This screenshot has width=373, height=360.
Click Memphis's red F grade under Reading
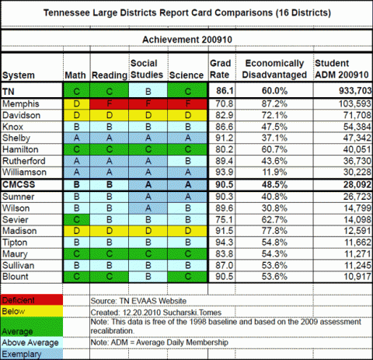click(x=110, y=104)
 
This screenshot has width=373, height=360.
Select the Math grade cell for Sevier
click(x=76, y=220)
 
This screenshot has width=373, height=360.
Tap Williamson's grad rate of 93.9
click(x=225, y=172)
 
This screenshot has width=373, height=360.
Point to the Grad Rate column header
click(x=220, y=69)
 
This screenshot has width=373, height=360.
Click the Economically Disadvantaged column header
click(x=274, y=69)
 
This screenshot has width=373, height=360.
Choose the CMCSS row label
click(x=19, y=184)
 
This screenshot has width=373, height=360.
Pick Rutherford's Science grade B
click(x=188, y=161)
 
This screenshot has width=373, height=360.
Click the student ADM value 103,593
click(x=355, y=103)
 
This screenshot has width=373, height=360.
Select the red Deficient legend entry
click(x=31, y=300)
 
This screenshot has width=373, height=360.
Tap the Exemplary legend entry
click(x=31, y=354)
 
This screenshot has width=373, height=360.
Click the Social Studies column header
click(x=147, y=69)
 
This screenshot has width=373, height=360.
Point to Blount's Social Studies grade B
click(x=148, y=277)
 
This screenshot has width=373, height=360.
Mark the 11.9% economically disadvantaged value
click(x=274, y=172)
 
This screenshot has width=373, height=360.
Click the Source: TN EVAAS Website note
click(x=138, y=301)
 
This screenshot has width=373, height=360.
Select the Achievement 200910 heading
click(x=187, y=40)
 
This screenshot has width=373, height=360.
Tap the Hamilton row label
click(x=20, y=149)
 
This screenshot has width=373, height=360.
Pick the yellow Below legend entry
click(x=31, y=311)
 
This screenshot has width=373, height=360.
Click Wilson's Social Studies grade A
click(x=148, y=208)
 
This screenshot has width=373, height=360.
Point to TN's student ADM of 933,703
click(x=355, y=91)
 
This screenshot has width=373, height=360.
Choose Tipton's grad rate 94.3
click(x=225, y=243)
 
